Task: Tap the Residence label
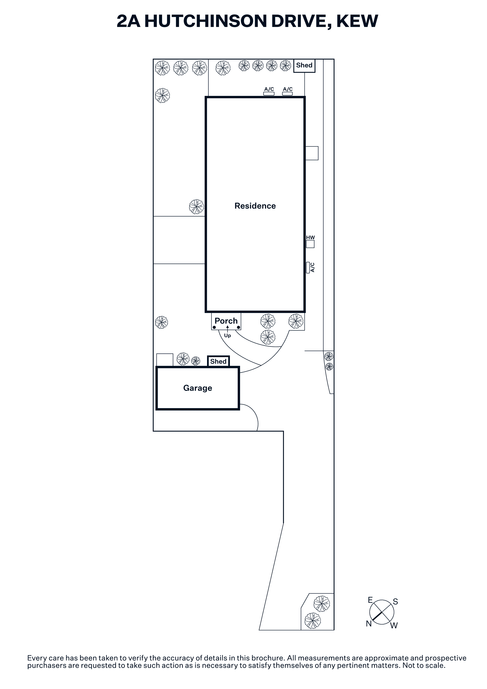click(255, 206)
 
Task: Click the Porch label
click(226, 321)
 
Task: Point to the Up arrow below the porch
click(227, 328)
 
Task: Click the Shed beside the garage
click(218, 361)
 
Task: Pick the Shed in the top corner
click(304, 65)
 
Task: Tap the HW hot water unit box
click(310, 244)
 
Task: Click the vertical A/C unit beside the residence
click(308, 267)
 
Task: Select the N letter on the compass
click(369, 624)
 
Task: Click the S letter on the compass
click(395, 602)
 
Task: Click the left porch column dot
click(214, 327)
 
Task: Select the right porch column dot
click(238, 327)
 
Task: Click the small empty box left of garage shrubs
click(165, 360)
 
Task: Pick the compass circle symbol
click(382, 612)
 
